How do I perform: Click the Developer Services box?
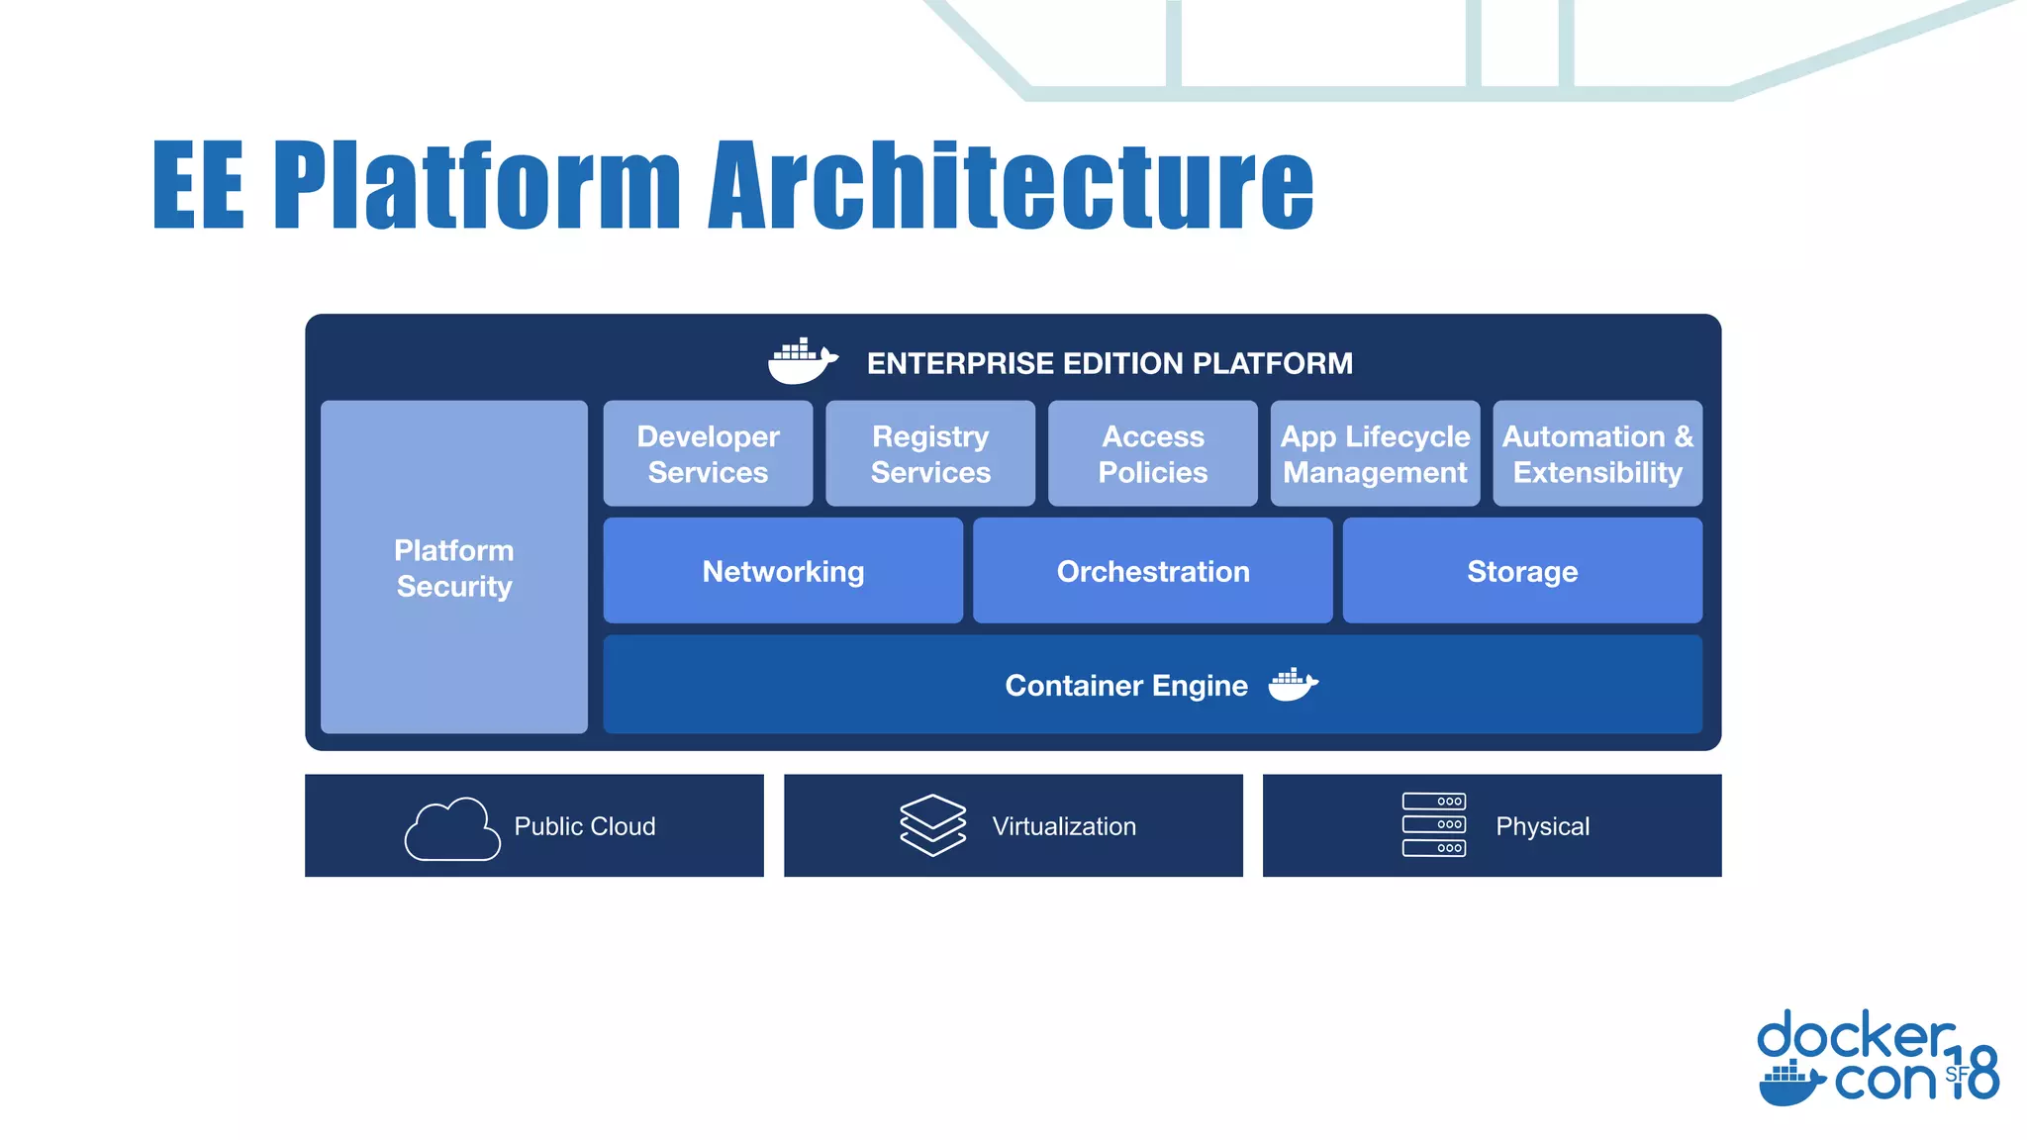tap(708, 454)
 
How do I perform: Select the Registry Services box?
tap(930, 454)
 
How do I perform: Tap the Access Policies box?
tap(1153, 454)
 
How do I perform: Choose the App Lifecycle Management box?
tap(1375, 454)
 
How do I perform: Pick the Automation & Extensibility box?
tap(1597, 454)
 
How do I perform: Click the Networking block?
tap(783, 571)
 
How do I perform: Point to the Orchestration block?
tap(1153, 571)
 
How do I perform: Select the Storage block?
tap(1522, 571)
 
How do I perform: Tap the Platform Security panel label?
tap(454, 568)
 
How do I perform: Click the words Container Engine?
tap(1126, 686)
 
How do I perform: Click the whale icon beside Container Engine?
tap(1293, 685)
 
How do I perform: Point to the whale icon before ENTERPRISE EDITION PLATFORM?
tap(802, 361)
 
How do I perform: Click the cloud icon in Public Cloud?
tap(452, 829)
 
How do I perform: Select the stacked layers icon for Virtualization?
tap(932, 825)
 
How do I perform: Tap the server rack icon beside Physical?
tap(1433, 824)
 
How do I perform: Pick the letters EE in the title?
tap(198, 185)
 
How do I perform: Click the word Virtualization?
tap(1064, 826)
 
